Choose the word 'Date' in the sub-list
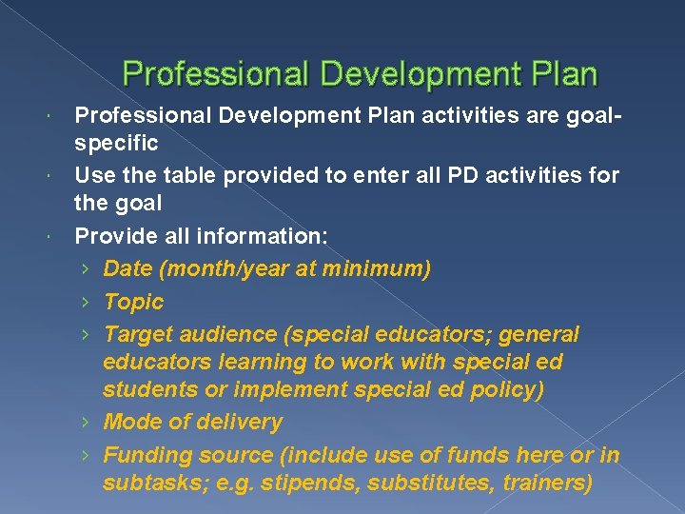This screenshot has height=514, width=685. coord(128,269)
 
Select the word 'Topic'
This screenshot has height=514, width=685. coord(133,302)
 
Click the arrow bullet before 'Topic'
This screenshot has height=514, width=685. coord(86,303)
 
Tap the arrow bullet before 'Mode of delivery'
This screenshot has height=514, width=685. coord(86,423)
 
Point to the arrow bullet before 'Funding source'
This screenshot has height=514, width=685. coord(86,456)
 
